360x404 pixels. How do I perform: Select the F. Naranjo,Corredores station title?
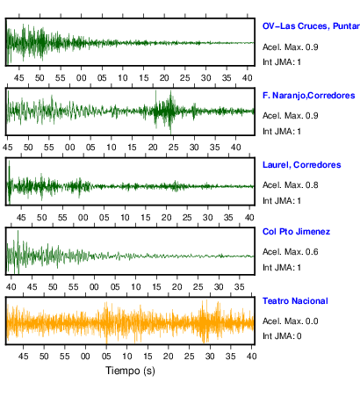click(x=309, y=96)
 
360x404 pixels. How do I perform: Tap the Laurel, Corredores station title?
click(x=302, y=165)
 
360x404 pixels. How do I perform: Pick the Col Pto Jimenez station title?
click(x=296, y=232)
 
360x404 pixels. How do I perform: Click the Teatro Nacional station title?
click(x=295, y=301)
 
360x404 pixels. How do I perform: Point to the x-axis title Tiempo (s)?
click(x=130, y=371)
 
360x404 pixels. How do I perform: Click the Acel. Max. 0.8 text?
click(x=290, y=185)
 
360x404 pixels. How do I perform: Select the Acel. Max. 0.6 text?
click(x=290, y=252)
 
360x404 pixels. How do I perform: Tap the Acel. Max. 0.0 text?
click(x=290, y=321)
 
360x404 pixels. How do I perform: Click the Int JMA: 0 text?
click(x=282, y=335)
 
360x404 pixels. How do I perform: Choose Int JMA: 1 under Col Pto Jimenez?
click(x=282, y=267)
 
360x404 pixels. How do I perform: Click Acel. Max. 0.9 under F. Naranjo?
click(x=290, y=116)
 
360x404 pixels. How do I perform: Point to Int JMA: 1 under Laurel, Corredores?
click(x=282, y=200)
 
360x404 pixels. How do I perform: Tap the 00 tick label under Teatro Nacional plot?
click(x=85, y=357)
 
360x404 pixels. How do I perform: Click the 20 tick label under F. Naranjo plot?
click(x=153, y=148)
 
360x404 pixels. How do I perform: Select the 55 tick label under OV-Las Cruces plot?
click(x=61, y=78)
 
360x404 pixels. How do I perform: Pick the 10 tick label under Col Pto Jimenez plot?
click(x=135, y=287)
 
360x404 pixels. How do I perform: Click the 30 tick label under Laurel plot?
click(x=208, y=218)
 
